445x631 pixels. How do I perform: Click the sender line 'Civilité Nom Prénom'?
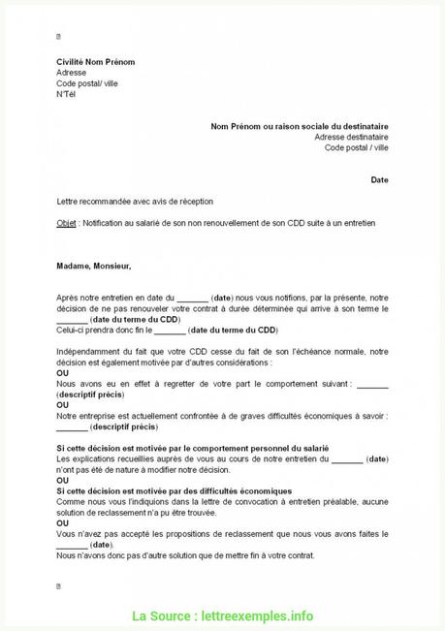95,62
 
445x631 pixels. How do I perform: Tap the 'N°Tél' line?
65,94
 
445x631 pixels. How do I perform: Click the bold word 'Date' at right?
379,179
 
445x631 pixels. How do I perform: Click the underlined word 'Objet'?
67,222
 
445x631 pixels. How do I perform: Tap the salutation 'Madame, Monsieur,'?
93,265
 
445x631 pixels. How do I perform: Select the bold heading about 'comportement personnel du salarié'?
193,446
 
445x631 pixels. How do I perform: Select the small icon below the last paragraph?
59,586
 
